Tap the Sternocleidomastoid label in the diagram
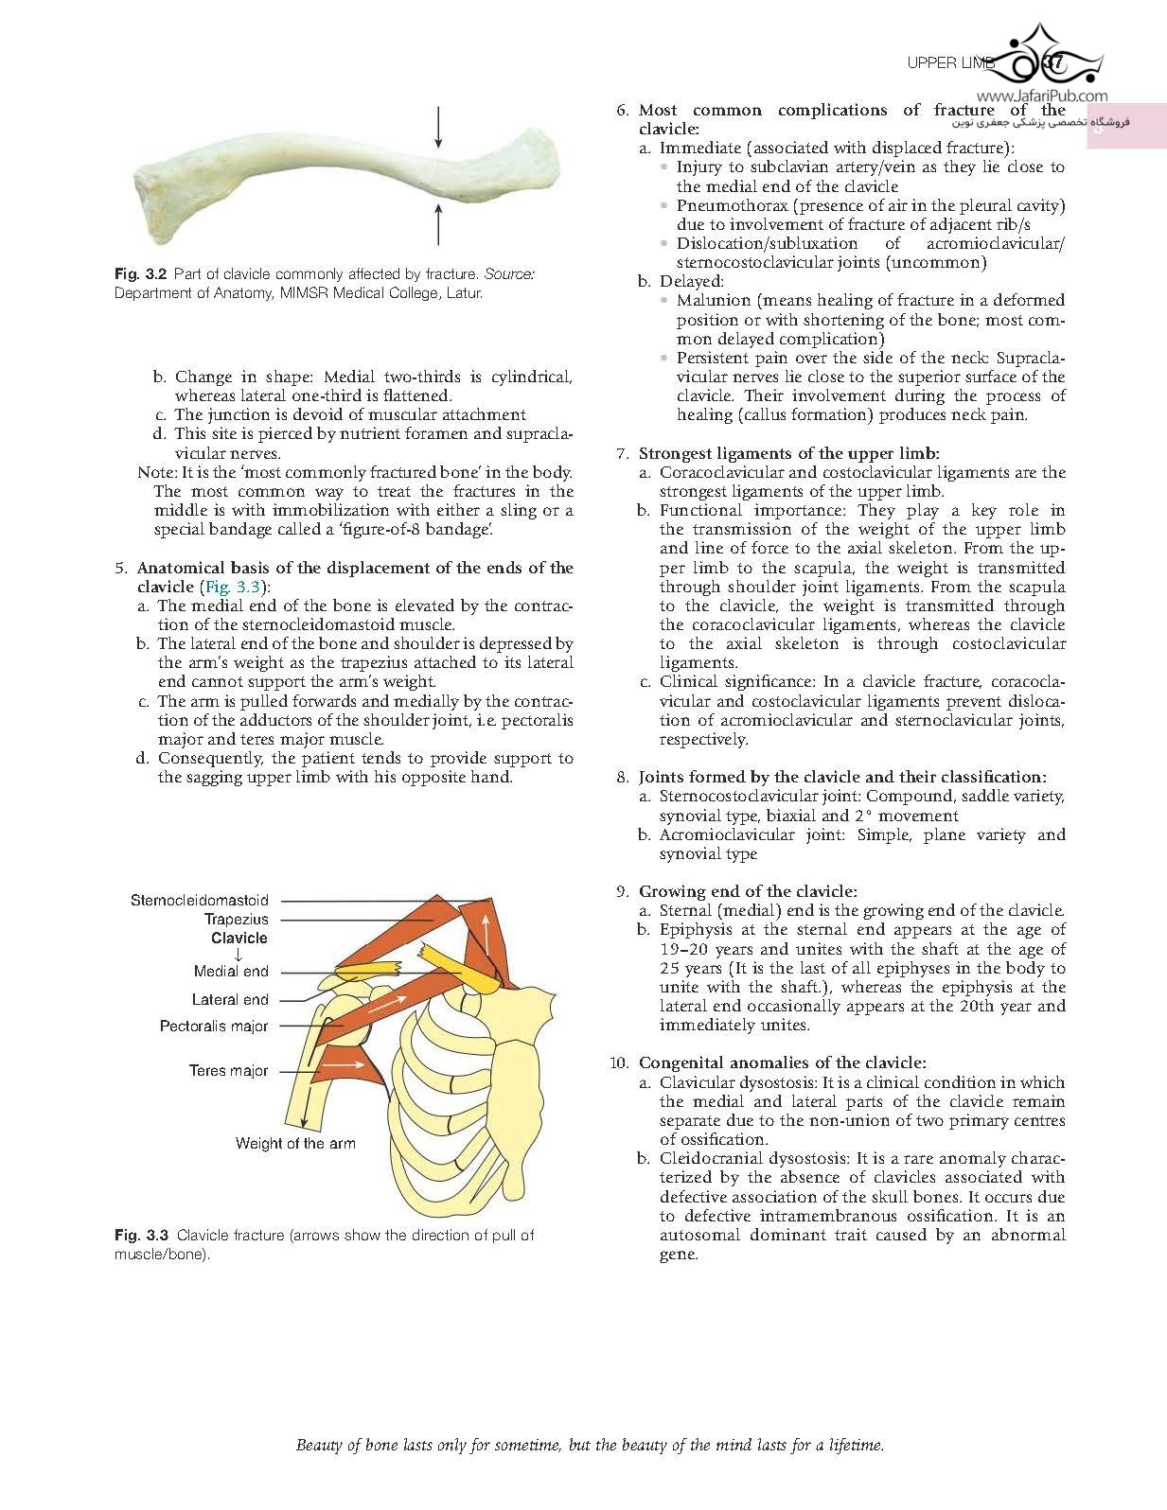click(x=200, y=901)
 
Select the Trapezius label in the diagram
click(x=237, y=920)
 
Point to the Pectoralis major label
click(x=214, y=1027)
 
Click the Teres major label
click(x=228, y=1071)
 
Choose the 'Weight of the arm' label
click(x=295, y=1143)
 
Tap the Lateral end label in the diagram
click(x=230, y=1000)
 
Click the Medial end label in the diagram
click(x=231, y=972)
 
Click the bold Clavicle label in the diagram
click(x=239, y=939)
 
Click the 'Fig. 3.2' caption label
click(x=140, y=273)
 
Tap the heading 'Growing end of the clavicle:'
click(x=748, y=891)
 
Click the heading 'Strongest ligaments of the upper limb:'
click(x=788, y=453)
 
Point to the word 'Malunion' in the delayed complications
click(x=713, y=301)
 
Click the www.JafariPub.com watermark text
click(x=1041, y=96)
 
